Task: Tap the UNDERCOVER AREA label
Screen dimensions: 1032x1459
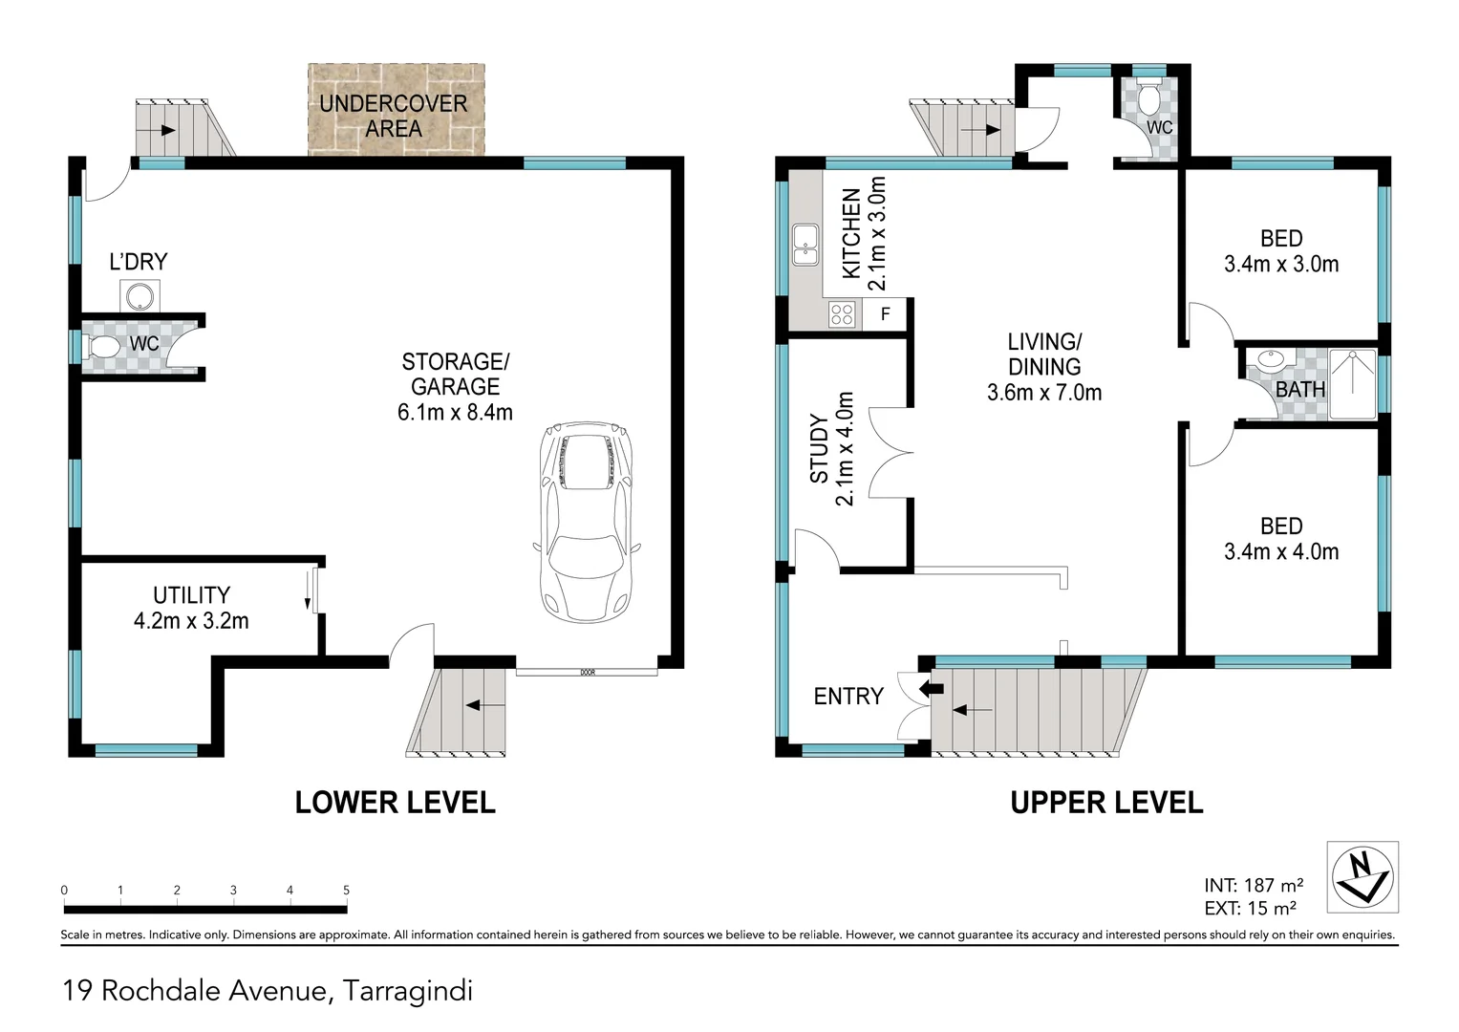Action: click(394, 116)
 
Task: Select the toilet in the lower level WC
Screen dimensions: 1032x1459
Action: click(102, 345)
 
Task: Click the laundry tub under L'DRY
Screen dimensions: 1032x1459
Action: click(139, 296)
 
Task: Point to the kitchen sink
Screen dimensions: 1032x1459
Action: click(805, 245)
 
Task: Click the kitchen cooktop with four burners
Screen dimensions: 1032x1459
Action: click(842, 314)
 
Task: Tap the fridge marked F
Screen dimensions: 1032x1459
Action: click(886, 314)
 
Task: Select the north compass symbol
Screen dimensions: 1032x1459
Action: click(1362, 876)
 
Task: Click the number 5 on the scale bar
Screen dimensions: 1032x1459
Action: click(346, 891)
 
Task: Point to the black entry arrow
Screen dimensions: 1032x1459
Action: click(930, 688)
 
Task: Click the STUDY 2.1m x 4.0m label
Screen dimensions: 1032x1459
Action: click(832, 449)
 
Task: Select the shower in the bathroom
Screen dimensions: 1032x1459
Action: click(1352, 384)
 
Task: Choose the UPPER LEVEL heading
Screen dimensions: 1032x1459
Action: click(1106, 803)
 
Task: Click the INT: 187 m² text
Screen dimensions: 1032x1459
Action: click(1253, 886)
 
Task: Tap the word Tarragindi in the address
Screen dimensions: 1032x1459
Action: click(408, 991)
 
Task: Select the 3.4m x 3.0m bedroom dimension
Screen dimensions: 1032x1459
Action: click(1281, 265)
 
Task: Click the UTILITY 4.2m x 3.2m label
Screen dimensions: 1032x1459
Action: click(191, 608)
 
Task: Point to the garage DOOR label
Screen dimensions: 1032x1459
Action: click(588, 672)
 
